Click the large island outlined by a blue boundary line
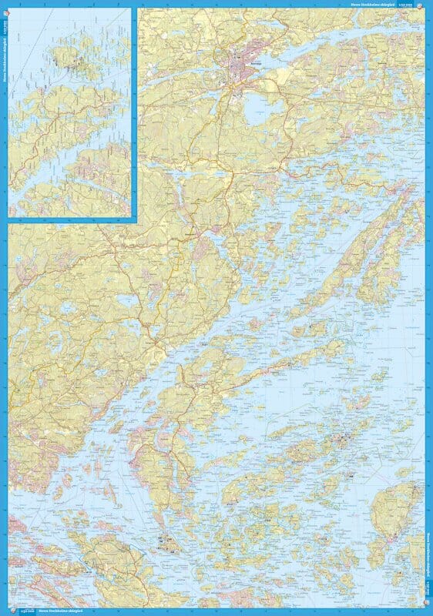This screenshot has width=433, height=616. click(x=116, y=558)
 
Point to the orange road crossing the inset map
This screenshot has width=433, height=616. click(x=62, y=115)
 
